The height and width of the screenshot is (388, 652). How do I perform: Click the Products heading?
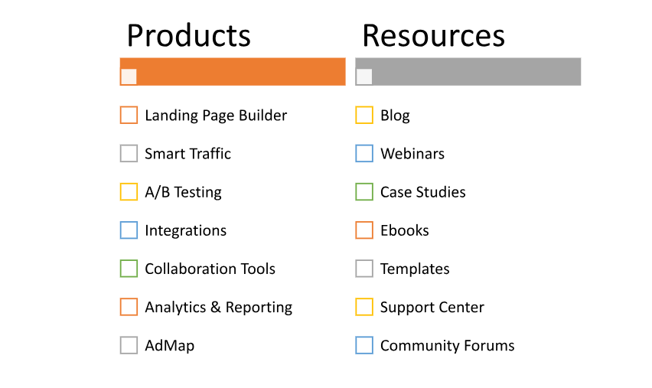(x=189, y=36)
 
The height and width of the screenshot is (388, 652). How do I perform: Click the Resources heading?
(x=433, y=36)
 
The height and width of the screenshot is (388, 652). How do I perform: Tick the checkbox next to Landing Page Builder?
(x=129, y=116)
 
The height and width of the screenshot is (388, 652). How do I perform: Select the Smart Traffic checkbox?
(x=129, y=154)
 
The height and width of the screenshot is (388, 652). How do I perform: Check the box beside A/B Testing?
(x=129, y=192)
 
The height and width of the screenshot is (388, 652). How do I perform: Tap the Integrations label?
(x=185, y=230)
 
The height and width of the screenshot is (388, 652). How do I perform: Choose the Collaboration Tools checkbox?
(x=129, y=269)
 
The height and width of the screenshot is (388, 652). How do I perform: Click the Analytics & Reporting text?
(x=218, y=308)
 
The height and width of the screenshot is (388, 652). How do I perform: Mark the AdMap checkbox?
(x=129, y=345)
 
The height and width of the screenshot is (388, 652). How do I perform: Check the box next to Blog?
(x=364, y=116)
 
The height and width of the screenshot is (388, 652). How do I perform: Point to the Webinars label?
(x=412, y=154)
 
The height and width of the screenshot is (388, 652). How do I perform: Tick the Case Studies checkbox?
(x=364, y=192)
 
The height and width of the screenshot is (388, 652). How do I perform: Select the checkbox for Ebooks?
(x=364, y=230)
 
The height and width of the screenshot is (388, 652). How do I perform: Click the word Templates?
(x=415, y=269)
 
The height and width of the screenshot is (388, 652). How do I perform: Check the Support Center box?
(x=364, y=307)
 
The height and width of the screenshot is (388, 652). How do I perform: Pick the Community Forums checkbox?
(x=364, y=345)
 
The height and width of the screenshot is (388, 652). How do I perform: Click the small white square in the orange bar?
(x=129, y=77)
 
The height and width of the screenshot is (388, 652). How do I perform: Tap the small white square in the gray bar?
(x=364, y=77)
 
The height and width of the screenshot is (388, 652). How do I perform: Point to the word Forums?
(x=489, y=346)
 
